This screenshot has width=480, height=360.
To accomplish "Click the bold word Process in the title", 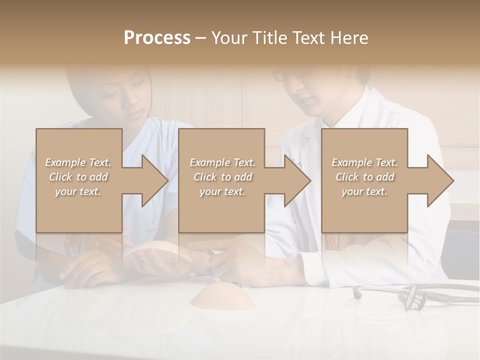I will coord(157,38).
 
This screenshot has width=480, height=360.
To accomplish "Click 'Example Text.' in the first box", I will coord(78,162).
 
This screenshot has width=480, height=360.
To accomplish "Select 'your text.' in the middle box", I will coord(222,191).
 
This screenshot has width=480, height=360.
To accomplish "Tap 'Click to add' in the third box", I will coord(365,177).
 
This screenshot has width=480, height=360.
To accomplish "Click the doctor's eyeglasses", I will coord(285,74).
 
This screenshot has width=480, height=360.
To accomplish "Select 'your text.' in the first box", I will coord(78,191).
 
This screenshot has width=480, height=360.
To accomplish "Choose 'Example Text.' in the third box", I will coord(364,162).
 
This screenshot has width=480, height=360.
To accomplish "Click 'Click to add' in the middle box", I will coord(222,177).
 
